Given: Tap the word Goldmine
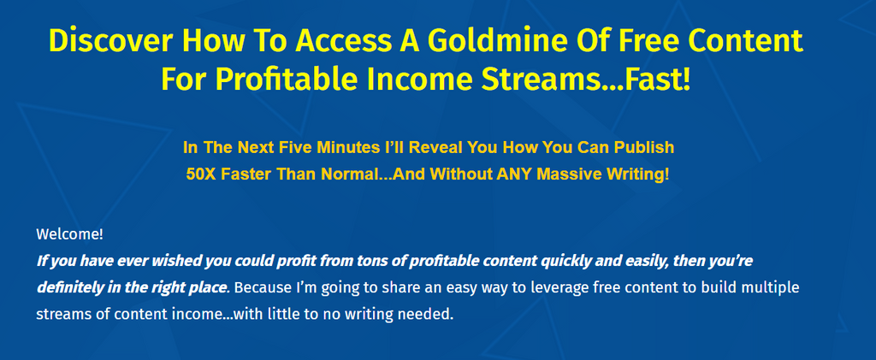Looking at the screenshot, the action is tap(476, 40).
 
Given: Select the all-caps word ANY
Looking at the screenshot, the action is tap(518, 174).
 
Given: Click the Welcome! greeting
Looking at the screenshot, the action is tap(70, 234).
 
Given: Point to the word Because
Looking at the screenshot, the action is tap(262, 288).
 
